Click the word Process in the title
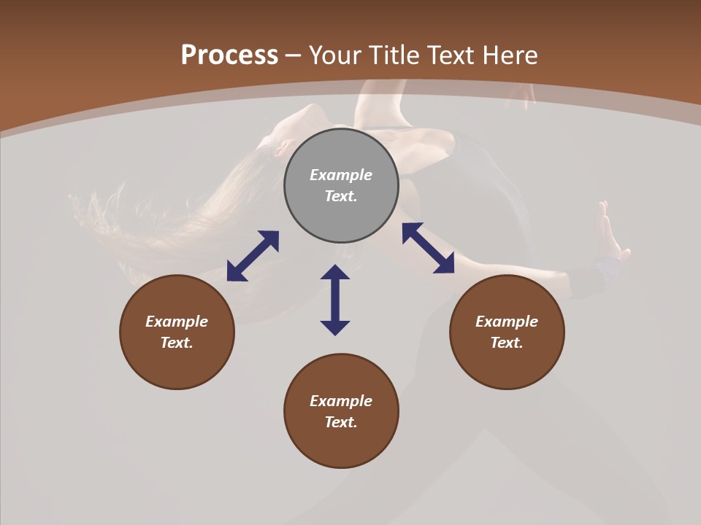click(229, 55)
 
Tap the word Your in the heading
click(337, 55)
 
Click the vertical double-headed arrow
click(335, 300)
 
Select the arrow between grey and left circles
click(253, 256)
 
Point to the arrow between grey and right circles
click(429, 248)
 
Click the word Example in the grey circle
click(341, 175)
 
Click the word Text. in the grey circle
click(341, 196)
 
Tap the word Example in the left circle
click(177, 322)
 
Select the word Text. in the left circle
click(177, 343)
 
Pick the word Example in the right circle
click(507, 322)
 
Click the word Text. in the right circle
click(507, 343)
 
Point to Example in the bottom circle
click(341, 401)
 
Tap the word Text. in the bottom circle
click(341, 422)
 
